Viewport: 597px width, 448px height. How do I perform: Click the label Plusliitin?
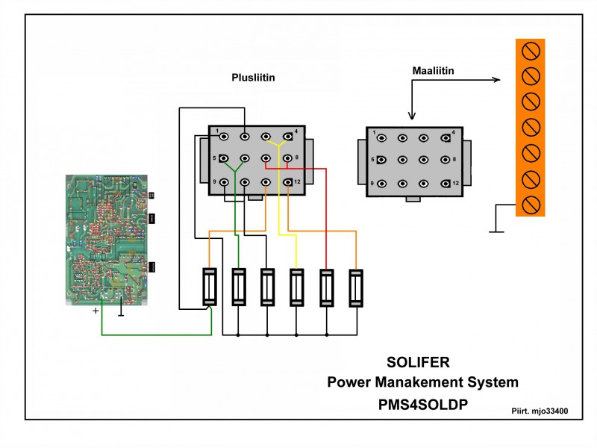pos(256,77)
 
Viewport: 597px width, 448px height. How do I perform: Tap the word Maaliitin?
pos(434,71)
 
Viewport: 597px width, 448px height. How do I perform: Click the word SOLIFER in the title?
pos(418,363)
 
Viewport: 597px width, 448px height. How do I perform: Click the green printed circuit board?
pos(107,239)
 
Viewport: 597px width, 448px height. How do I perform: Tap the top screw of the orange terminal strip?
pos(531,51)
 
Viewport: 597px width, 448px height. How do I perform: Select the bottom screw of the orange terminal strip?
pos(531,204)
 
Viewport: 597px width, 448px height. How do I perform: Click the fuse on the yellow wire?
pos(297,287)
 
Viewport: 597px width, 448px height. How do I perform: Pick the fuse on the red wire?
pos(326,287)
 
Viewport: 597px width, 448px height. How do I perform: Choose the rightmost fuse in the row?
pos(357,287)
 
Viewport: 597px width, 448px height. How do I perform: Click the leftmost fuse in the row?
pos(210,287)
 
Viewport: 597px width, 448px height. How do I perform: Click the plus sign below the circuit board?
pos(96,311)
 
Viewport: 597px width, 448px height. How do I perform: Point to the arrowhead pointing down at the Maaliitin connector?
pos(412,115)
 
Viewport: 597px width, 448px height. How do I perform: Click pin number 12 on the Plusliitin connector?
pos(288,182)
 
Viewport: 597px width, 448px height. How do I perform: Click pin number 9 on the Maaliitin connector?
pos(381,183)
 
